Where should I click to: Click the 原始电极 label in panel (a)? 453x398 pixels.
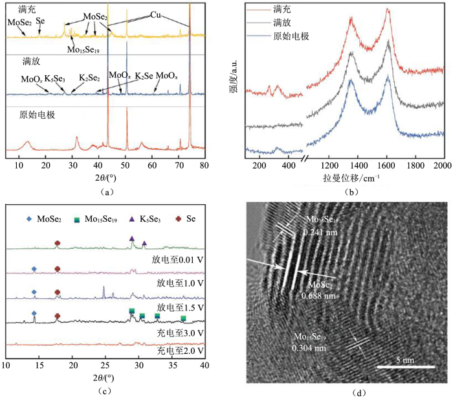click(38, 115)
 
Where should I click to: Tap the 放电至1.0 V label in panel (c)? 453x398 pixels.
click(182, 284)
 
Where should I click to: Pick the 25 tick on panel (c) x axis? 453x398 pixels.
click(105, 366)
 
